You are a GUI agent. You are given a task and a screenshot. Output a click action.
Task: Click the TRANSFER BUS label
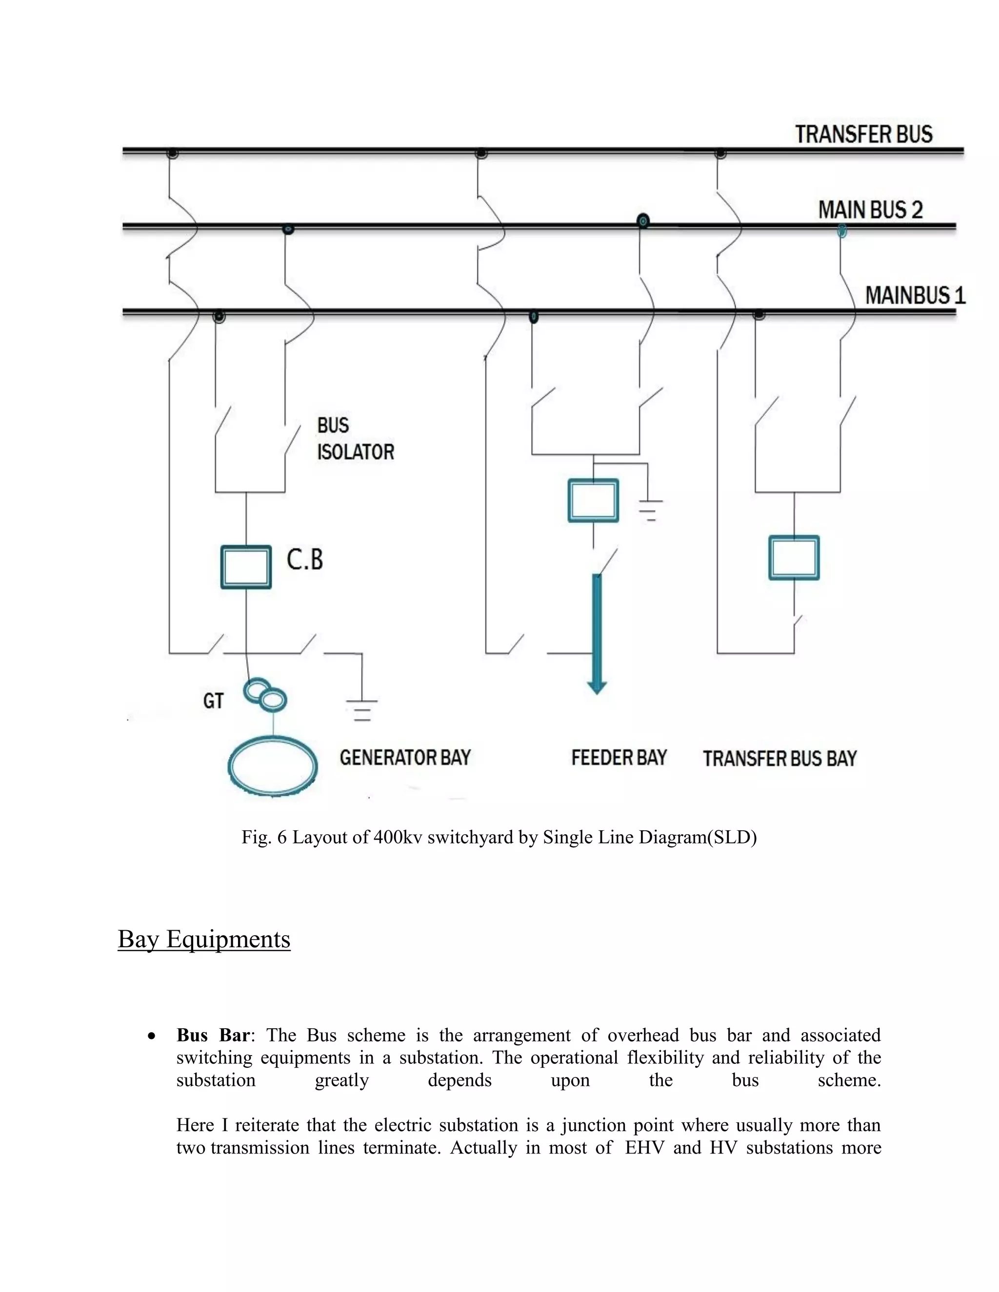(863, 134)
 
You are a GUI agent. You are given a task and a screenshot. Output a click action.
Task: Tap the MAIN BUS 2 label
(870, 210)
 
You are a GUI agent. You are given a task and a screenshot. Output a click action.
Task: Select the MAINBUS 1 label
(915, 295)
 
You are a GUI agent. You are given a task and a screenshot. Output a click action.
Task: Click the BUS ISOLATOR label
(355, 439)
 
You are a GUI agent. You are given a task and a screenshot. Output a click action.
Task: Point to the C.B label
(305, 560)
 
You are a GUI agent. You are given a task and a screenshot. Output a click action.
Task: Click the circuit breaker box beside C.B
(246, 567)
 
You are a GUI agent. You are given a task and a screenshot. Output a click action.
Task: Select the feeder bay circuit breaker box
(593, 501)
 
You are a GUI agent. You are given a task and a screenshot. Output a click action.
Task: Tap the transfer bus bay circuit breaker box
(794, 557)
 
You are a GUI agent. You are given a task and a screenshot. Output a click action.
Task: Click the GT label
(213, 702)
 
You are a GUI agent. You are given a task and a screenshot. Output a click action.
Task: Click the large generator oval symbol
(273, 766)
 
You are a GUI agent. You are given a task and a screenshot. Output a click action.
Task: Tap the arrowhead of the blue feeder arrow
(597, 687)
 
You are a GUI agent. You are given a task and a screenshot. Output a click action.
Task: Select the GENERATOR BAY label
(405, 758)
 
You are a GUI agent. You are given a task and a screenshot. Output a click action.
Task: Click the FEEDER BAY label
(619, 758)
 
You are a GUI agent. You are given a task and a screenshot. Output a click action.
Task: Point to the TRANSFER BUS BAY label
(779, 759)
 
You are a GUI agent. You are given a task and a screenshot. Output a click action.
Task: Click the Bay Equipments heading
(204, 940)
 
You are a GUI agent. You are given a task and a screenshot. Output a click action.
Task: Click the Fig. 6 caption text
(499, 837)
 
